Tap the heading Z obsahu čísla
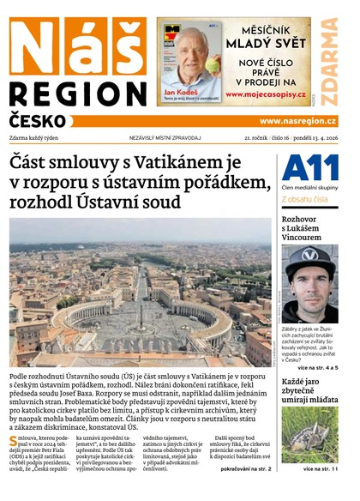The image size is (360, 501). (x=304, y=199)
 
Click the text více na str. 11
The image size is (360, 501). (x=320, y=469)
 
